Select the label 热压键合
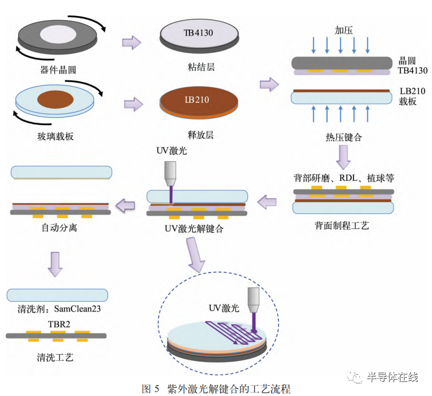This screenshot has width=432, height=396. coord(343,137)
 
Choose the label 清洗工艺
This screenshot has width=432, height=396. coord(54,357)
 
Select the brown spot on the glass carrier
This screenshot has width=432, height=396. coord(59,99)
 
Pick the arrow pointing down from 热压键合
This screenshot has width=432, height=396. coord(343,156)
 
